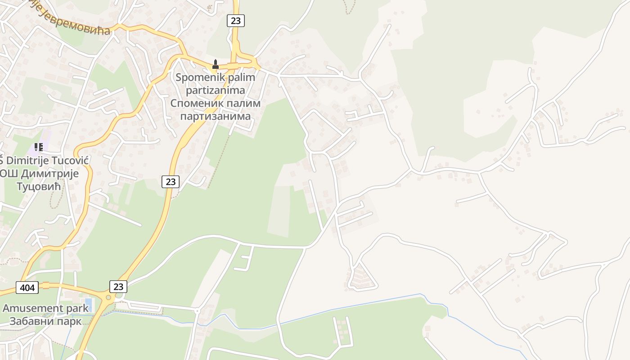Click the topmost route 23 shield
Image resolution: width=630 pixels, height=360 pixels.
point(235,20)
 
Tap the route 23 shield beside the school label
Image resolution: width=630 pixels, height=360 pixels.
point(170,181)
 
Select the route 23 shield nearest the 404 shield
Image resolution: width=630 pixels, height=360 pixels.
point(118,286)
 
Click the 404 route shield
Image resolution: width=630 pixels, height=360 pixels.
point(27,287)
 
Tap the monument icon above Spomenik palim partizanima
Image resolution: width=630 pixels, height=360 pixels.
point(215,65)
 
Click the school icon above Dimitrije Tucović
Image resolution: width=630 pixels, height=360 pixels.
point(39,147)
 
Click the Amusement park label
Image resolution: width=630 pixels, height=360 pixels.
point(45,308)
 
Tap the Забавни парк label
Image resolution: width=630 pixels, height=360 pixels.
point(45,321)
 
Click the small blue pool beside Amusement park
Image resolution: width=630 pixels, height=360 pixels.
point(88,305)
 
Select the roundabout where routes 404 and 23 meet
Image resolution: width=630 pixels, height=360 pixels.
point(108,297)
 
